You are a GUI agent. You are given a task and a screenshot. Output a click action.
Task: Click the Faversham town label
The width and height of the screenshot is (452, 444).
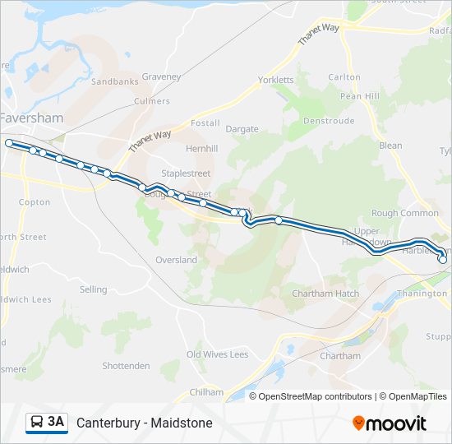(31, 118)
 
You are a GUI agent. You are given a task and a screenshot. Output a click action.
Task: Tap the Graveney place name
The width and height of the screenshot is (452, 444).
(160, 76)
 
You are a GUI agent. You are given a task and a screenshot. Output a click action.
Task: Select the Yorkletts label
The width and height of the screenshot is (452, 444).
(275, 80)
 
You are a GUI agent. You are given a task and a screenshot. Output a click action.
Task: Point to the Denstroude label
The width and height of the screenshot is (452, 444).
(328, 120)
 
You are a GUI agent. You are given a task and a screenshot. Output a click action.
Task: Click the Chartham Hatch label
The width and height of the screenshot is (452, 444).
(325, 294)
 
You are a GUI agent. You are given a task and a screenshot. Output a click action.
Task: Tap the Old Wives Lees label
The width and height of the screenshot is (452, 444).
(217, 354)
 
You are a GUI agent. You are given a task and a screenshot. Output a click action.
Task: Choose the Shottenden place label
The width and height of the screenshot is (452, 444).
(126, 366)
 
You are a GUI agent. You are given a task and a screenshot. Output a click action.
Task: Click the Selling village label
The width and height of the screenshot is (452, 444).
(94, 289)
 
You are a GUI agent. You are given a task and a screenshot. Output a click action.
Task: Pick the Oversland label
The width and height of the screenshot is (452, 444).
(176, 260)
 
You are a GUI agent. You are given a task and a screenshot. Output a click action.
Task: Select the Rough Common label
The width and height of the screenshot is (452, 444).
(405, 213)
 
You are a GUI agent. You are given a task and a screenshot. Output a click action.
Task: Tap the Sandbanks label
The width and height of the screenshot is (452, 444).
(114, 82)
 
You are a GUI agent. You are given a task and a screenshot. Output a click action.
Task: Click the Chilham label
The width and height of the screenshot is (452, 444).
(205, 392)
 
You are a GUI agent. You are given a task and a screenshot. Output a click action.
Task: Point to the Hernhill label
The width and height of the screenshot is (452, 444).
(201, 149)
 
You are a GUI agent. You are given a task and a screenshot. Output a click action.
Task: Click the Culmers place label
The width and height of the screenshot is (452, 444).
(152, 101)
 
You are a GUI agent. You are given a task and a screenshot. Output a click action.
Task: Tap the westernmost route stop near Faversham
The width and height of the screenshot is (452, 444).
(9, 143)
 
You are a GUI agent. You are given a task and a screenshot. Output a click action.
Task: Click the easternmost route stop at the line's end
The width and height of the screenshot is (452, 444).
(443, 260)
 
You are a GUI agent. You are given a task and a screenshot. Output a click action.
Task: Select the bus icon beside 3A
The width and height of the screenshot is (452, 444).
(37, 423)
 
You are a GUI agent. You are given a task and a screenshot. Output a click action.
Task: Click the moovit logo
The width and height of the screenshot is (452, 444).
(390, 423)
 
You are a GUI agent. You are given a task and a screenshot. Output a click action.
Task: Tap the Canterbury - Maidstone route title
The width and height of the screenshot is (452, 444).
(145, 423)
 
